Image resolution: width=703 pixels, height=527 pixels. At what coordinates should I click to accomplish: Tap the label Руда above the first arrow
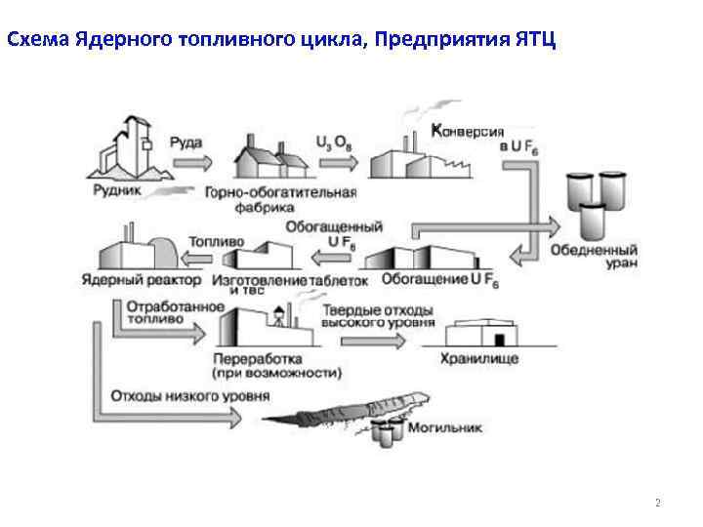click(x=186, y=142)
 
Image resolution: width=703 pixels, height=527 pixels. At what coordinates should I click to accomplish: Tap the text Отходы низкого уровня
click(x=190, y=396)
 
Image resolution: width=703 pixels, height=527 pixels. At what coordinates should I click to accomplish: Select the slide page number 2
click(x=657, y=504)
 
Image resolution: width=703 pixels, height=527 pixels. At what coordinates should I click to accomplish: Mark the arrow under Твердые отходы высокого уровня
click(x=372, y=340)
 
